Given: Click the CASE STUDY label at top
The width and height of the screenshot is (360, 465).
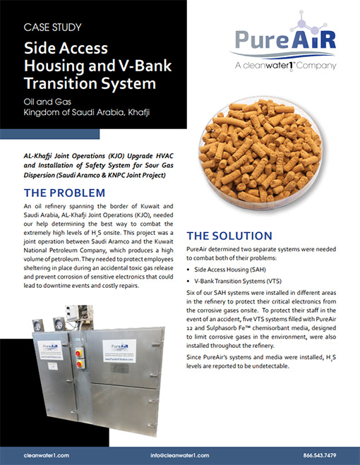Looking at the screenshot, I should [x=52, y=28].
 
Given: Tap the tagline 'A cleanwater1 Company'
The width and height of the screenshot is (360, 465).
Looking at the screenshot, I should [x=287, y=66].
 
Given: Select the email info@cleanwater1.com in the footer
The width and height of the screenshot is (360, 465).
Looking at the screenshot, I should [x=181, y=454].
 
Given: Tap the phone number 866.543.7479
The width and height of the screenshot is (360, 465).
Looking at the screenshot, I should [x=318, y=454].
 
